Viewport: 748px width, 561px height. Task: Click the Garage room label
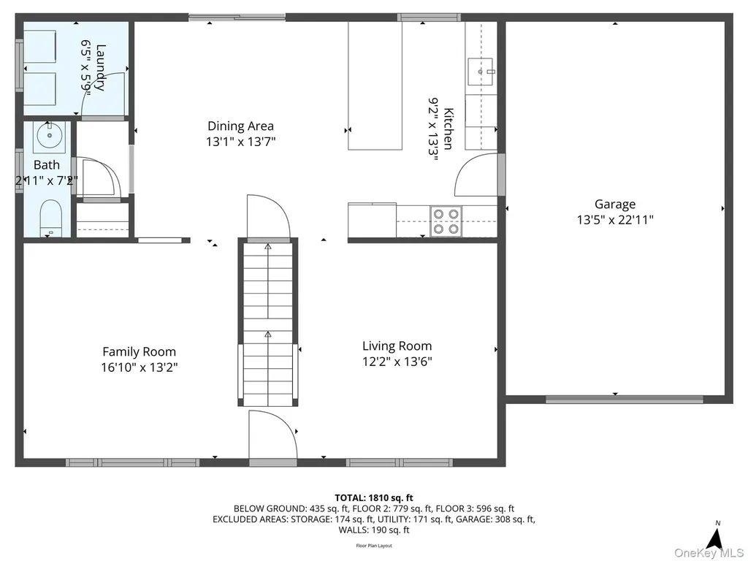(615, 205)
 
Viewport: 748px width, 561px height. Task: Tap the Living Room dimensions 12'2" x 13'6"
(397, 362)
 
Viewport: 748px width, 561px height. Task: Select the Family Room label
(140, 352)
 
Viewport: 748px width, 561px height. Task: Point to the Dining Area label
(240, 126)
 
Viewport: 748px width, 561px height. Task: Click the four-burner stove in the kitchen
(446, 221)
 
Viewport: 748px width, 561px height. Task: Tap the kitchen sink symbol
(481, 72)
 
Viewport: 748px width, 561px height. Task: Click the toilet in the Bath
(50, 218)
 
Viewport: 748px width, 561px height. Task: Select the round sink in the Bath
(49, 135)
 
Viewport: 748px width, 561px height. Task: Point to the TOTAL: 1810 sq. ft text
(374, 498)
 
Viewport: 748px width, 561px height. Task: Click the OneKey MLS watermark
(709, 552)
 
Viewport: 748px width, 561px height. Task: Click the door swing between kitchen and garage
(476, 175)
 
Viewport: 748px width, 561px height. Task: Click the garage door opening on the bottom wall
(624, 399)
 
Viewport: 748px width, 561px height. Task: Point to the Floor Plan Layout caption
(374, 546)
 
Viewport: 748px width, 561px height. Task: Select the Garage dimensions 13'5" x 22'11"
(615, 220)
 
